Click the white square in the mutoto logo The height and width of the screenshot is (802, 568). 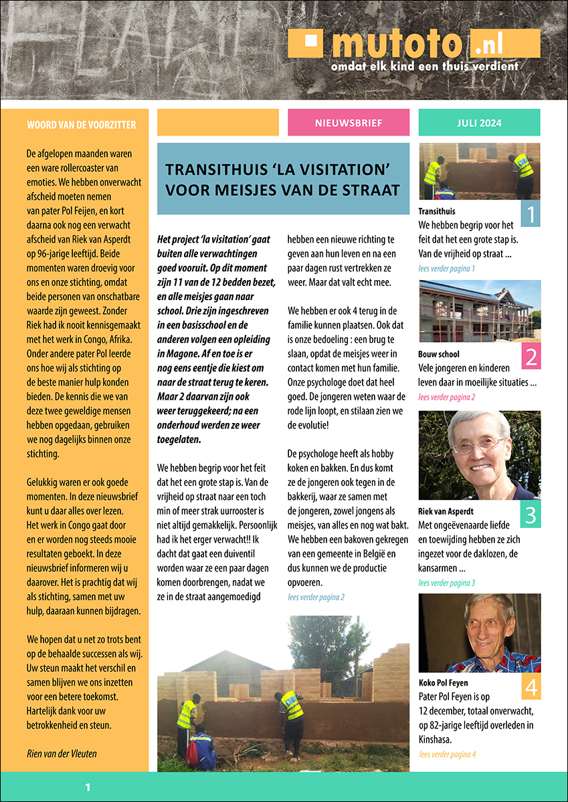(x=309, y=40)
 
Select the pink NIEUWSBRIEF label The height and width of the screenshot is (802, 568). (x=348, y=123)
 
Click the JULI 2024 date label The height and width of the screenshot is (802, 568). (x=479, y=123)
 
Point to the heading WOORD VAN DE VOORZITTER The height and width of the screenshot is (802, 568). (x=82, y=125)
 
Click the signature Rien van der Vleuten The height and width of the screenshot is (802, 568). (x=62, y=754)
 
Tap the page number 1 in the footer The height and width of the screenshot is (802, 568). (x=88, y=788)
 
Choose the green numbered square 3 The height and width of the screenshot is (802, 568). (x=530, y=515)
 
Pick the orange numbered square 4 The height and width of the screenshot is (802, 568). (x=530, y=686)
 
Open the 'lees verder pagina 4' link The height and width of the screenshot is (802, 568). (x=447, y=755)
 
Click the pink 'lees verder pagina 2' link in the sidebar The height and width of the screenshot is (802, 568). (x=446, y=397)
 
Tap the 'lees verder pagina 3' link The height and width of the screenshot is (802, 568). (x=446, y=583)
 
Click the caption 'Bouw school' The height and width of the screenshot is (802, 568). (x=439, y=354)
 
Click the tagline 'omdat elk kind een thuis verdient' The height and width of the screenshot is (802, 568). (x=425, y=67)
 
